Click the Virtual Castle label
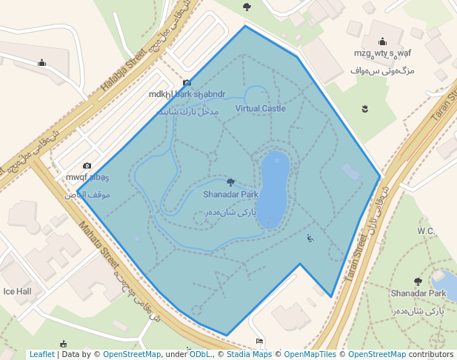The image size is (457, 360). pyautogui.click(x=260, y=109)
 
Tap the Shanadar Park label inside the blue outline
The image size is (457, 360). pyautogui.click(x=230, y=195)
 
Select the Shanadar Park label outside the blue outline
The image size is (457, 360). pyautogui.click(x=418, y=297)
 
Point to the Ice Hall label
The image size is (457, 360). pyautogui.click(x=16, y=292)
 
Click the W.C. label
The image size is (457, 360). pyautogui.click(x=426, y=231)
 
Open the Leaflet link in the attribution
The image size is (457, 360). pyautogui.click(x=41, y=354)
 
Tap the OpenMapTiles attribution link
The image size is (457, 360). pyautogui.click(x=310, y=354)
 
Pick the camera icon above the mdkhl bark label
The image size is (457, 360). pyautogui.click(x=187, y=83)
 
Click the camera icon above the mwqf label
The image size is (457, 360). pyautogui.click(x=87, y=166)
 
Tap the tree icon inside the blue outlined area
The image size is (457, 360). pyautogui.click(x=230, y=182)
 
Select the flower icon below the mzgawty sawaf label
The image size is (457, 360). pyautogui.click(x=364, y=110)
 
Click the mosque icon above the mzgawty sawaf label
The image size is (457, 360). pyautogui.click(x=382, y=41)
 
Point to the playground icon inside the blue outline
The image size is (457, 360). pyautogui.click(x=310, y=238)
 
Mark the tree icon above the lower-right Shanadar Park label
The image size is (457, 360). pyautogui.click(x=418, y=282)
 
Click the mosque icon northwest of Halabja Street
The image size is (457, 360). pyautogui.click(x=41, y=62)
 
